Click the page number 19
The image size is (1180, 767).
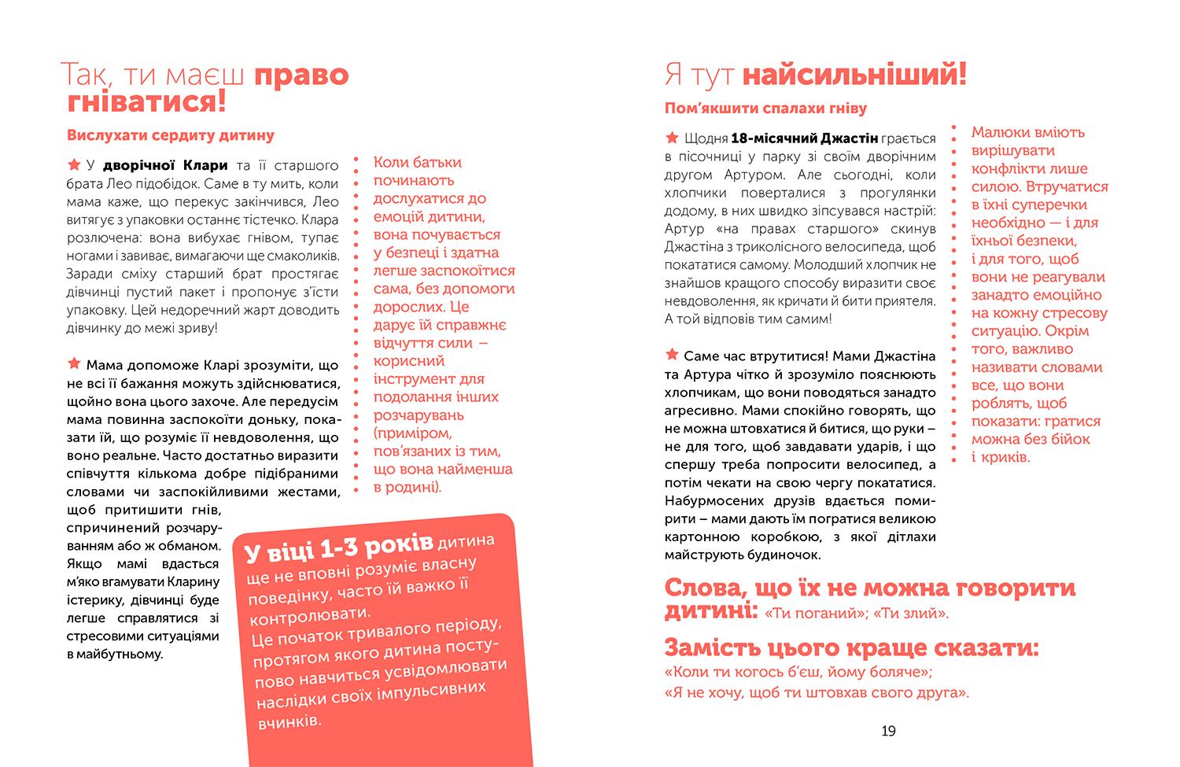[888, 731]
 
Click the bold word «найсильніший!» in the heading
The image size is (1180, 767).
[854, 75]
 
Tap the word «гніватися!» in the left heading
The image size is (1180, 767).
[146, 101]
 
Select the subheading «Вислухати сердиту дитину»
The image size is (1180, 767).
[170, 135]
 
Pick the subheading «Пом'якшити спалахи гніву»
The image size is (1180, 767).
[765, 109]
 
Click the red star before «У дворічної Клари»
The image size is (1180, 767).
[74, 164]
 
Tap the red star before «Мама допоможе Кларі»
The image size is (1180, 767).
[74, 363]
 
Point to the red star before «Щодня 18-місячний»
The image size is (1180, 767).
[672, 138]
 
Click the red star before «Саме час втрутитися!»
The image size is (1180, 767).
[672, 355]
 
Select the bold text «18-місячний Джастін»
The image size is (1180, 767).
[804, 138]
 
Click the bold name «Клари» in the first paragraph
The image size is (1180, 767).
[205, 165]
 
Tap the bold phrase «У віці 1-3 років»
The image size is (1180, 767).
[339, 546]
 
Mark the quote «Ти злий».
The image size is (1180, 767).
[911, 614]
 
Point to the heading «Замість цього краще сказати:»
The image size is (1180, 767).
[851, 648]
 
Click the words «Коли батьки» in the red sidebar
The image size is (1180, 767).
[417, 163]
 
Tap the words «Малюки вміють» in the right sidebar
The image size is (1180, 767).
[1027, 132]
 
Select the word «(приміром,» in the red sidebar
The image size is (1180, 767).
[412, 433]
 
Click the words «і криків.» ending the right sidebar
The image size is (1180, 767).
[1000, 457]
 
